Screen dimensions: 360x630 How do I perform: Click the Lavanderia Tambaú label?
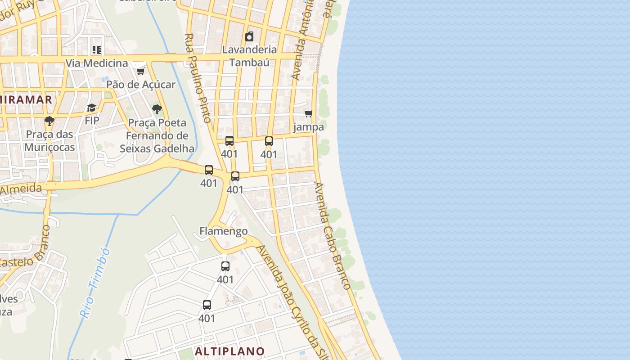(249, 56)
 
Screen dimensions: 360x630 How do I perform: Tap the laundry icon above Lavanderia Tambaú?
(249, 36)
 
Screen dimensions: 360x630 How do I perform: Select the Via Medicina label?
(97, 63)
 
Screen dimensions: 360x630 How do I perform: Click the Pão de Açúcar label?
(141, 84)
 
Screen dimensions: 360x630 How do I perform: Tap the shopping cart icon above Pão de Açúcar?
(140, 71)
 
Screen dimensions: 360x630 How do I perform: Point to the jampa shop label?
(309, 127)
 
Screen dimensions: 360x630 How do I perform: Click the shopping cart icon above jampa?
(309, 113)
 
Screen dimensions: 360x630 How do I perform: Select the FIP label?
(92, 121)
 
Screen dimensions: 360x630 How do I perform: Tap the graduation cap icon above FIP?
(92, 108)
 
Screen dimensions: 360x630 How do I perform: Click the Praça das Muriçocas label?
(49, 141)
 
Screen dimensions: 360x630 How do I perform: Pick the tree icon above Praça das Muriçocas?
(49, 121)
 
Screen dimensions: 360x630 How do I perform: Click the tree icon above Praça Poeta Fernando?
(157, 109)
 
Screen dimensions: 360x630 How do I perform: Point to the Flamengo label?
(224, 231)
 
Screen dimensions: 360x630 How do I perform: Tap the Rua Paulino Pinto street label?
(198, 78)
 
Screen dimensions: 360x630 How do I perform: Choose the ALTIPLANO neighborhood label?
(230, 351)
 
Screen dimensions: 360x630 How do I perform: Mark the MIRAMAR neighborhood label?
(26, 99)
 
